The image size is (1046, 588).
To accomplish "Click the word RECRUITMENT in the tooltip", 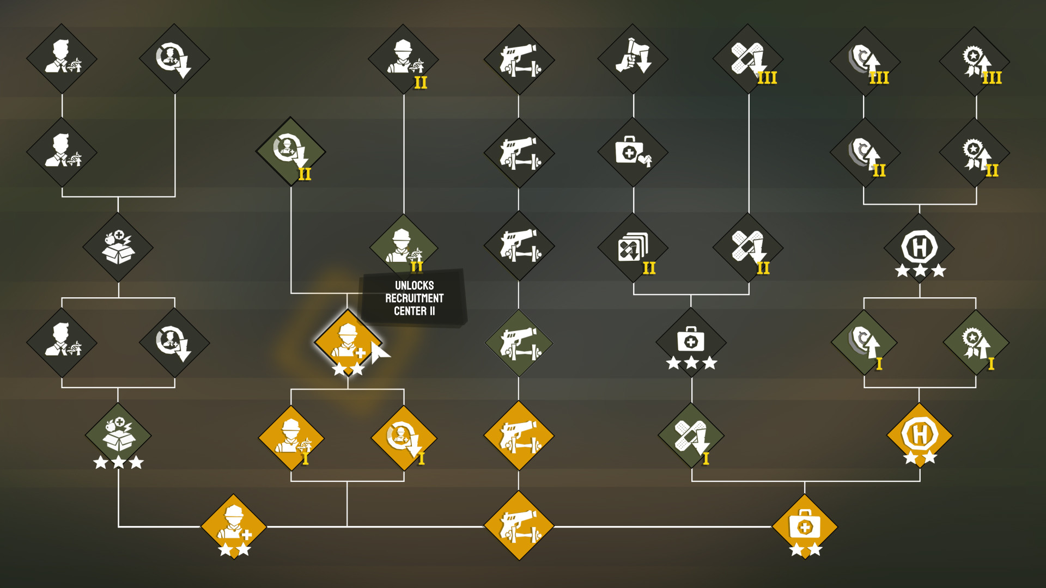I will click(414, 298).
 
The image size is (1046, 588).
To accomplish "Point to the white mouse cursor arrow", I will click(380, 353).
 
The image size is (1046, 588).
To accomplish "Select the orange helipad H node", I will click(920, 436).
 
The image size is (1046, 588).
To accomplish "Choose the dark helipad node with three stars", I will click(920, 248).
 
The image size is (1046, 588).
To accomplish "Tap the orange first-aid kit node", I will click(805, 526).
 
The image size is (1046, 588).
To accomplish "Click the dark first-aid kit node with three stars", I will click(691, 342).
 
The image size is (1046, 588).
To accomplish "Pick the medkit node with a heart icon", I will click(633, 152).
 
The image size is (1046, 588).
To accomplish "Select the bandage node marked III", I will click(748, 59).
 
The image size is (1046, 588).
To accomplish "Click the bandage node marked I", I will click(691, 436).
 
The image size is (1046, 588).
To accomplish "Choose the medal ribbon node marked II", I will click(976, 152).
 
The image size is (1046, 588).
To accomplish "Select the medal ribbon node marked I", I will click(976, 342).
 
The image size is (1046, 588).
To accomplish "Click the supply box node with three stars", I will click(118, 436).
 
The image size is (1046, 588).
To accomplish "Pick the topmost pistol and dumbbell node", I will click(519, 59).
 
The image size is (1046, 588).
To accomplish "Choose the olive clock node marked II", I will click(291, 151).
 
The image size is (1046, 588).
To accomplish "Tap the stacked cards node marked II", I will click(633, 248).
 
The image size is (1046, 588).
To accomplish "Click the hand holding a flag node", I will click(633, 59).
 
